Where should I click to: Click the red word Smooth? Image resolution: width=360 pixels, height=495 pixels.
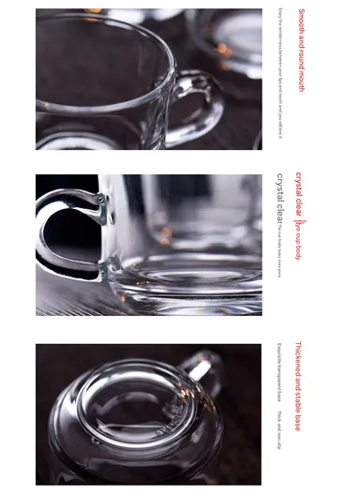click(302, 22)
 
